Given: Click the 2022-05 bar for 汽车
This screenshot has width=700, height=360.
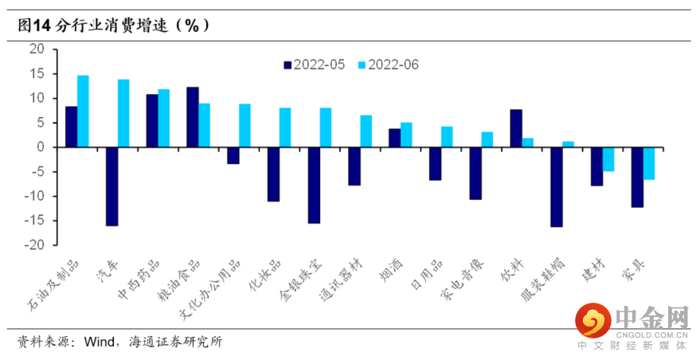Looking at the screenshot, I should pyautogui.click(x=111, y=186).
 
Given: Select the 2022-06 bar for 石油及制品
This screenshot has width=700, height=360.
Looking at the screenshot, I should pyautogui.click(x=83, y=112).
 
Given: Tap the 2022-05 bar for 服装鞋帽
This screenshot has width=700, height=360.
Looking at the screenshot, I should pyautogui.click(x=556, y=187).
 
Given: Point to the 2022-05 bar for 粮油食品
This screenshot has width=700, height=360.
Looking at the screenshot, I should pyautogui.click(x=192, y=117).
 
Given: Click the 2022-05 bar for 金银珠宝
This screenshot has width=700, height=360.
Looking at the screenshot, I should pyautogui.click(x=314, y=186).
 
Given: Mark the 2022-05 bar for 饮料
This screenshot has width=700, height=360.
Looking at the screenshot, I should pyautogui.click(x=515, y=128).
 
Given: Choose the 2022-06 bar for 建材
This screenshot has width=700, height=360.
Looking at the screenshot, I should pyautogui.click(x=608, y=159).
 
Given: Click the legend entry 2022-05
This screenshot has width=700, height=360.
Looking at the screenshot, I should pyautogui.click(x=314, y=65).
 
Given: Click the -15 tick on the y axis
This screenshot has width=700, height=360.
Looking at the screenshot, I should pyautogui.click(x=37, y=221).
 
